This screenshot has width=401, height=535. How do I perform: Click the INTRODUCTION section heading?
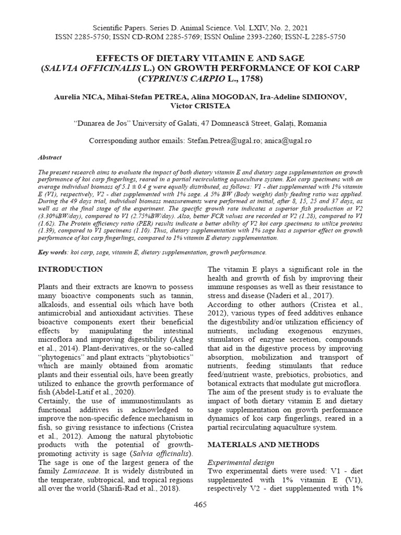(x=70, y=269)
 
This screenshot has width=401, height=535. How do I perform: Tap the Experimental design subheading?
(x=241, y=462)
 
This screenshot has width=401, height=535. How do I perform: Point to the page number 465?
(x=200, y=504)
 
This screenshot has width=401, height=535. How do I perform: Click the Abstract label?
(x=50, y=157)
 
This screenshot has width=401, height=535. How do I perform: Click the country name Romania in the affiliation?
(x=311, y=123)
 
